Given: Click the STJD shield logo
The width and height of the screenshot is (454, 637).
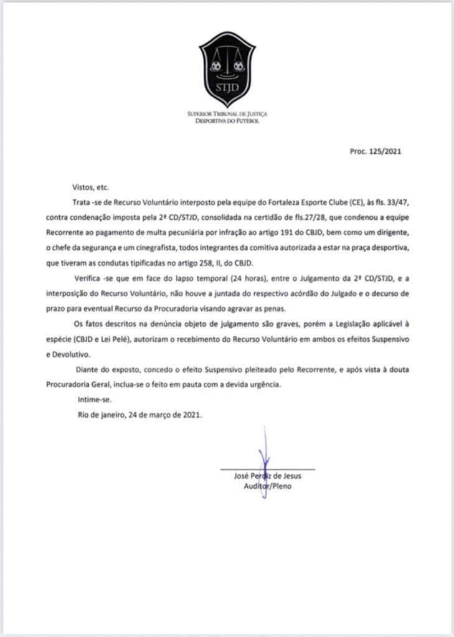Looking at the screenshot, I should [227, 69].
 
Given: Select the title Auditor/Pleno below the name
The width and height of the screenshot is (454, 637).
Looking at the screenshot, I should [267, 486].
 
